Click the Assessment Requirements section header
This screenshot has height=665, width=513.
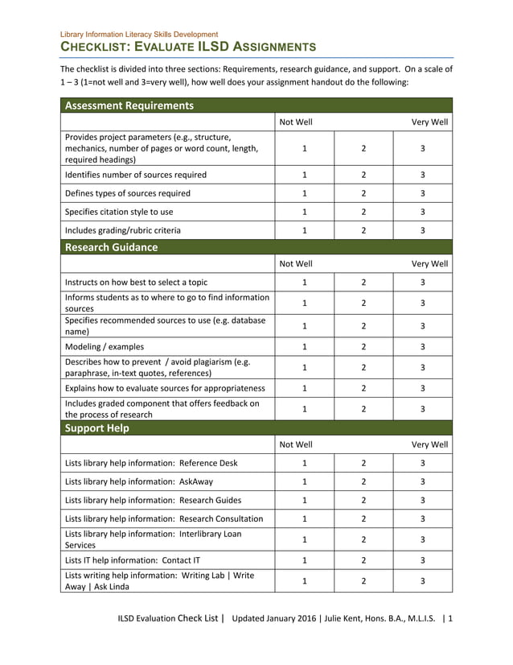point(129,105)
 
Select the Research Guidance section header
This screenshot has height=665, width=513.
point(111,247)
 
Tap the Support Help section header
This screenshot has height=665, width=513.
point(96,428)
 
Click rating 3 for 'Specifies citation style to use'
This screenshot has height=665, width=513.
point(422,212)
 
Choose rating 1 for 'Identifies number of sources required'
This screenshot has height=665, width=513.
point(305,175)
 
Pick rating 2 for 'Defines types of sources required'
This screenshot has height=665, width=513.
point(363,193)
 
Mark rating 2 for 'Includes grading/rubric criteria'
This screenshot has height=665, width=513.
point(363,230)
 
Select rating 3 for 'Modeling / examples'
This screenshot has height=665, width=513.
point(422,347)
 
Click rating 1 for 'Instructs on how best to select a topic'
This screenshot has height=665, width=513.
point(305,283)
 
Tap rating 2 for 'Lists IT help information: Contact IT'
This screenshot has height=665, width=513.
point(363,560)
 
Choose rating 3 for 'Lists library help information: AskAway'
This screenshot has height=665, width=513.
point(422,481)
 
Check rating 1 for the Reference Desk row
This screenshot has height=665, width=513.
point(305,463)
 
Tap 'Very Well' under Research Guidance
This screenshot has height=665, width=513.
point(430,263)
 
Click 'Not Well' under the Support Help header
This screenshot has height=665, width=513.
point(296,444)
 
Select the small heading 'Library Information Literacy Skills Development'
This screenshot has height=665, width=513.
point(139,34)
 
